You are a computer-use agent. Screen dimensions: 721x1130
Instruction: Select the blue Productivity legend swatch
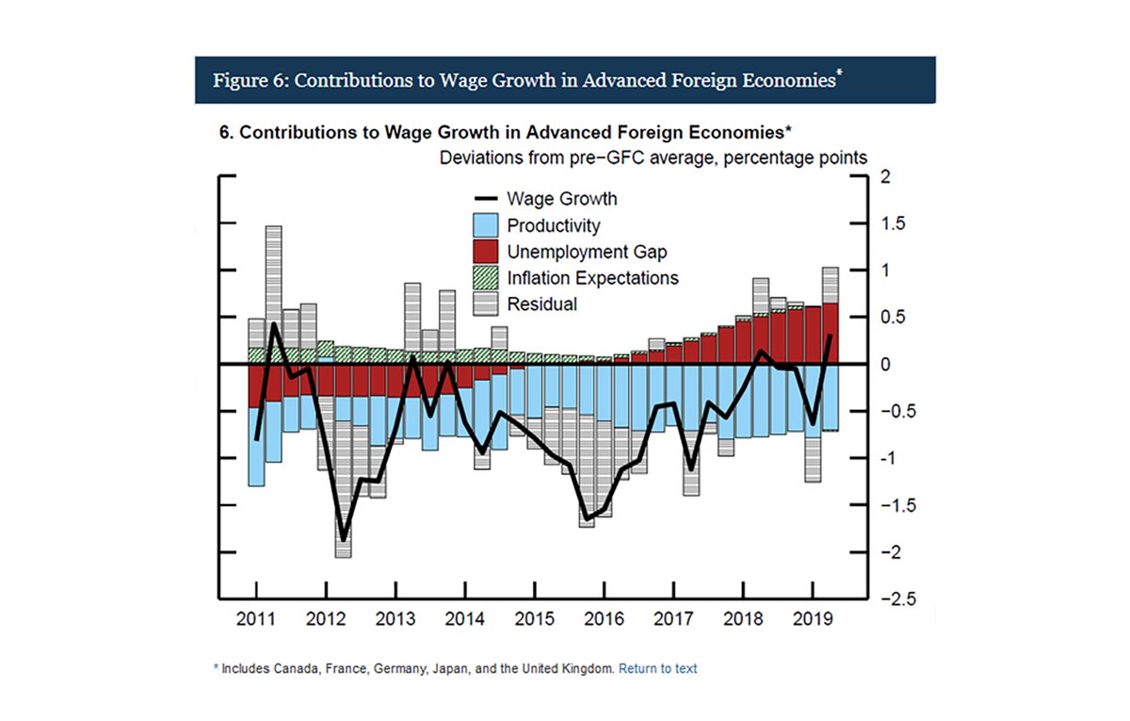(x=484, y=225)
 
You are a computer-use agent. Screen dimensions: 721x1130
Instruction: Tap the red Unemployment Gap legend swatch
(x=484, y=252)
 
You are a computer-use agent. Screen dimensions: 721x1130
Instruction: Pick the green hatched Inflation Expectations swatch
(x=484, y=278)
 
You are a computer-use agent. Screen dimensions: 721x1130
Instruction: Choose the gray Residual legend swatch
(x=484, y=304)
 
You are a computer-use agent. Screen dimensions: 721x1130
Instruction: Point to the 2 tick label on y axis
(x=884, y=176)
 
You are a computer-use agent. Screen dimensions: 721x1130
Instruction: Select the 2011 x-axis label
(x=256, y=620)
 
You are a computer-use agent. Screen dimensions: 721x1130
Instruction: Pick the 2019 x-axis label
(x=813, y=620)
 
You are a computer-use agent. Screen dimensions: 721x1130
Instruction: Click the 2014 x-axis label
(x=465, y=620)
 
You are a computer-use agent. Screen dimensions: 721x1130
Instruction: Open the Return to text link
(x=657, y=668)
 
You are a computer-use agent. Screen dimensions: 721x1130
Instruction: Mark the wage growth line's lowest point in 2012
(x=344, y=540)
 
